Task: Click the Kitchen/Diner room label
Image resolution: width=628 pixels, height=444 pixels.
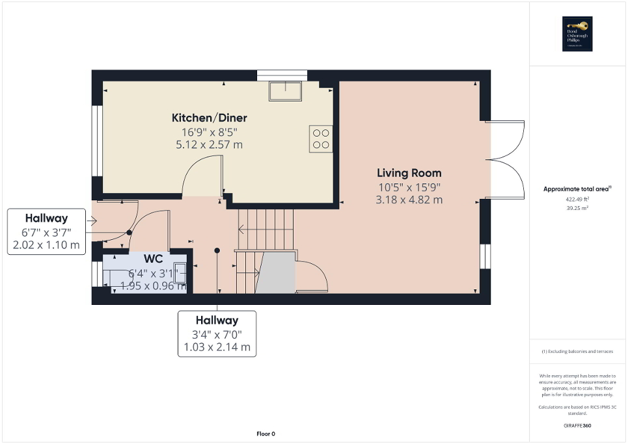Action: pyautogui.click(x=209, y=118)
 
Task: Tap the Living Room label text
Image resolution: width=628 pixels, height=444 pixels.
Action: pyautogui.click(x=409, y=173)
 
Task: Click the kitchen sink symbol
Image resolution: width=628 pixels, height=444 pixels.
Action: pyautogui.click(x=286, y=90)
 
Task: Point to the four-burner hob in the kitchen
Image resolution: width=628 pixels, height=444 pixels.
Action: pyautogui.click(x=321, y=138)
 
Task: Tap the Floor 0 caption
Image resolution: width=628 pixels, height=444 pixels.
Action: pyautogui.click(x=265, y=434)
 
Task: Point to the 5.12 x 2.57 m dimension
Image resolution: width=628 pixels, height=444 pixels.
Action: pyautogui.click(x=209, y=144)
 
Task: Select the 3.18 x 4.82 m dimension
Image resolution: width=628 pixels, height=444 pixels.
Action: pyautogui.click(x=409, y=200)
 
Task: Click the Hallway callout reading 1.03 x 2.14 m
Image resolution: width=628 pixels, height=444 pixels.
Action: pyautogui.click(x=217, y=333)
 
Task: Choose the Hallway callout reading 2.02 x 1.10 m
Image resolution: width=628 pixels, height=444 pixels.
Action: pyautogui.click(x=46, y=231)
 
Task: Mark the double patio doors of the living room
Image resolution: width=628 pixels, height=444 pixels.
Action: pyautogui.click(x=506, y=159)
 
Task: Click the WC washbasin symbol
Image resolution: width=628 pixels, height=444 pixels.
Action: pyautogui.click(x=180, y=274)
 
